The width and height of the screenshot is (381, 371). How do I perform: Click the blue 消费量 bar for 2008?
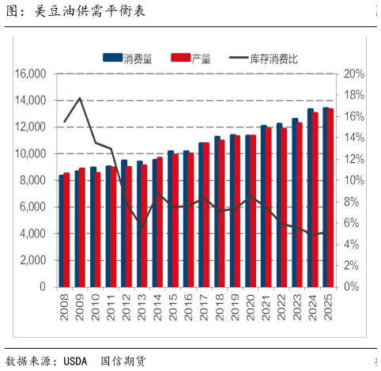pyautogui.click(x=62, y=231)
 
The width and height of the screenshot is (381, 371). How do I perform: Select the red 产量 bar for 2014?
pyautogui.click(x=160, y=222)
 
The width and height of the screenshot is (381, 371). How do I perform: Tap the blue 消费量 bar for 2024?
pyautogui.click(x=311, y=198)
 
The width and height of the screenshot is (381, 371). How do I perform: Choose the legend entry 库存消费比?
pyautogui.click(x=273, y=57)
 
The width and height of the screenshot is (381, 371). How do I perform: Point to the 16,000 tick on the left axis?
pyautogui.click(x=30, y=74)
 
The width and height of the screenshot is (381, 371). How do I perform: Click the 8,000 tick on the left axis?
pyautogui.click(x=32, y=181)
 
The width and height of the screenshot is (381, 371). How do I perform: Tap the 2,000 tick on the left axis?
pyautogui.click(x=32, y=261)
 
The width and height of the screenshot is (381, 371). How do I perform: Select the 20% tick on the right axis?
pyautogui.click(x=353, y=74)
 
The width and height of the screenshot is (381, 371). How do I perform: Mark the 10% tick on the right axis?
pyautogui.click(x=353, y=181)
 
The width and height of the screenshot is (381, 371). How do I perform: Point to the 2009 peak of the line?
pyautogui.click(x=80, y=98)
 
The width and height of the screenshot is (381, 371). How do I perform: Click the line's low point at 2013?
pyautogui.click(x=142, y=226)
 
